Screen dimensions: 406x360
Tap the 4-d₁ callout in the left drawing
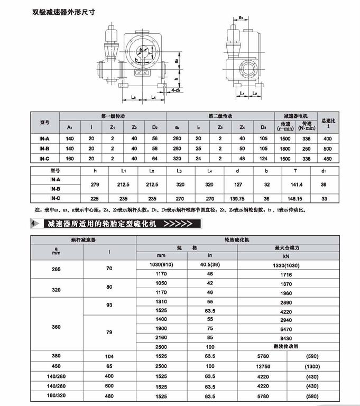(177, 91)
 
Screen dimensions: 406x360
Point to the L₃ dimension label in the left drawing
(134, 97)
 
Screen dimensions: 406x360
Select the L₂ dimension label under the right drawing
(255, 94)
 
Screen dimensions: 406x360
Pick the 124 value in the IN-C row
(263, 159)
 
